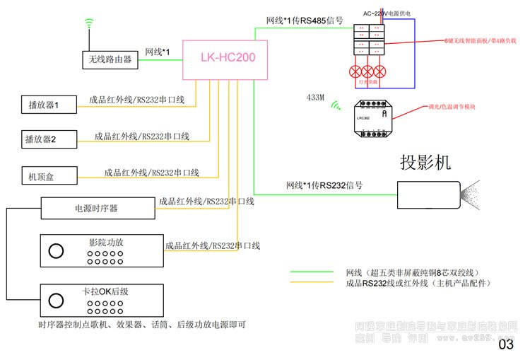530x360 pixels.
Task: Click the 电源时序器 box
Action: click(97, 209)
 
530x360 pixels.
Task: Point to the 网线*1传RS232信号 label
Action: click(324, 185)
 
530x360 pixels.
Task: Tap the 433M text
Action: click(315, 98)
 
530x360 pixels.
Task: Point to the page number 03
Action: click(507, 345)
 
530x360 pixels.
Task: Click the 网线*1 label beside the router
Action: click(158, 52)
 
